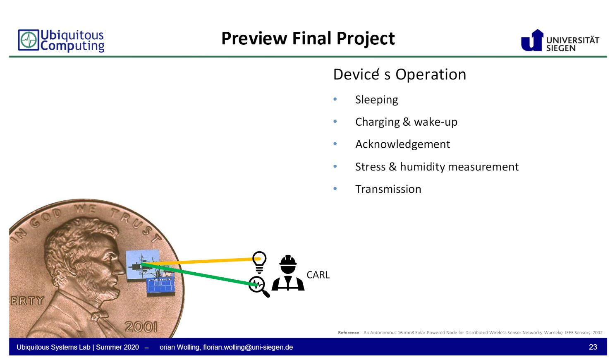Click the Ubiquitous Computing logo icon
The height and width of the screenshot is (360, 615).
pyautogui.click(x=29, y=40)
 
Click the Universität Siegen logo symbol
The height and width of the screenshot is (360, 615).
pyautogui.click(x=532, y=41)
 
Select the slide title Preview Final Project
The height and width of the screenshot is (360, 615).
pyautogui.click(x=308, y=38)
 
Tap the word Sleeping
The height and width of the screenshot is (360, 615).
pyautogui.click(x=376, y=100)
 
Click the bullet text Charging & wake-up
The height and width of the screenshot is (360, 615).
pyautogui.click(x=406, y=122)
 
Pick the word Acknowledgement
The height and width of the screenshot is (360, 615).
pyautogui.click(x=402, y=144)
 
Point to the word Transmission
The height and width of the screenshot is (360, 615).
pyautogui.click(x=388, y=189)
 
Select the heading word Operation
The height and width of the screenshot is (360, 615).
pyautogui.click(x=431, y=74)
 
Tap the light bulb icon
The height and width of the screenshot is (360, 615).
pyautogui.click(x=259, y=262)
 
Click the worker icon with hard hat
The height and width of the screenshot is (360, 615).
pyautogui.click(x=288, y=273)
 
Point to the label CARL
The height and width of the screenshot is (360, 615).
pyautogui.click(x=318, y=275)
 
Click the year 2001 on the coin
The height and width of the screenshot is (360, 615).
pyautogui.click(x=141, y=327)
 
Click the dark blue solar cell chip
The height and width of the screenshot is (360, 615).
pyautogui.click(x=160, y=286)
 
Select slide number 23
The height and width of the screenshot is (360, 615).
pyautogui.click(x=593, y=347)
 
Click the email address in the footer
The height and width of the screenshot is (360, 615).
pyautogui.click(x=248, y=347)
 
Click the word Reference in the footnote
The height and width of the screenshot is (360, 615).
pyautogui.click(x=348, y=333)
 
